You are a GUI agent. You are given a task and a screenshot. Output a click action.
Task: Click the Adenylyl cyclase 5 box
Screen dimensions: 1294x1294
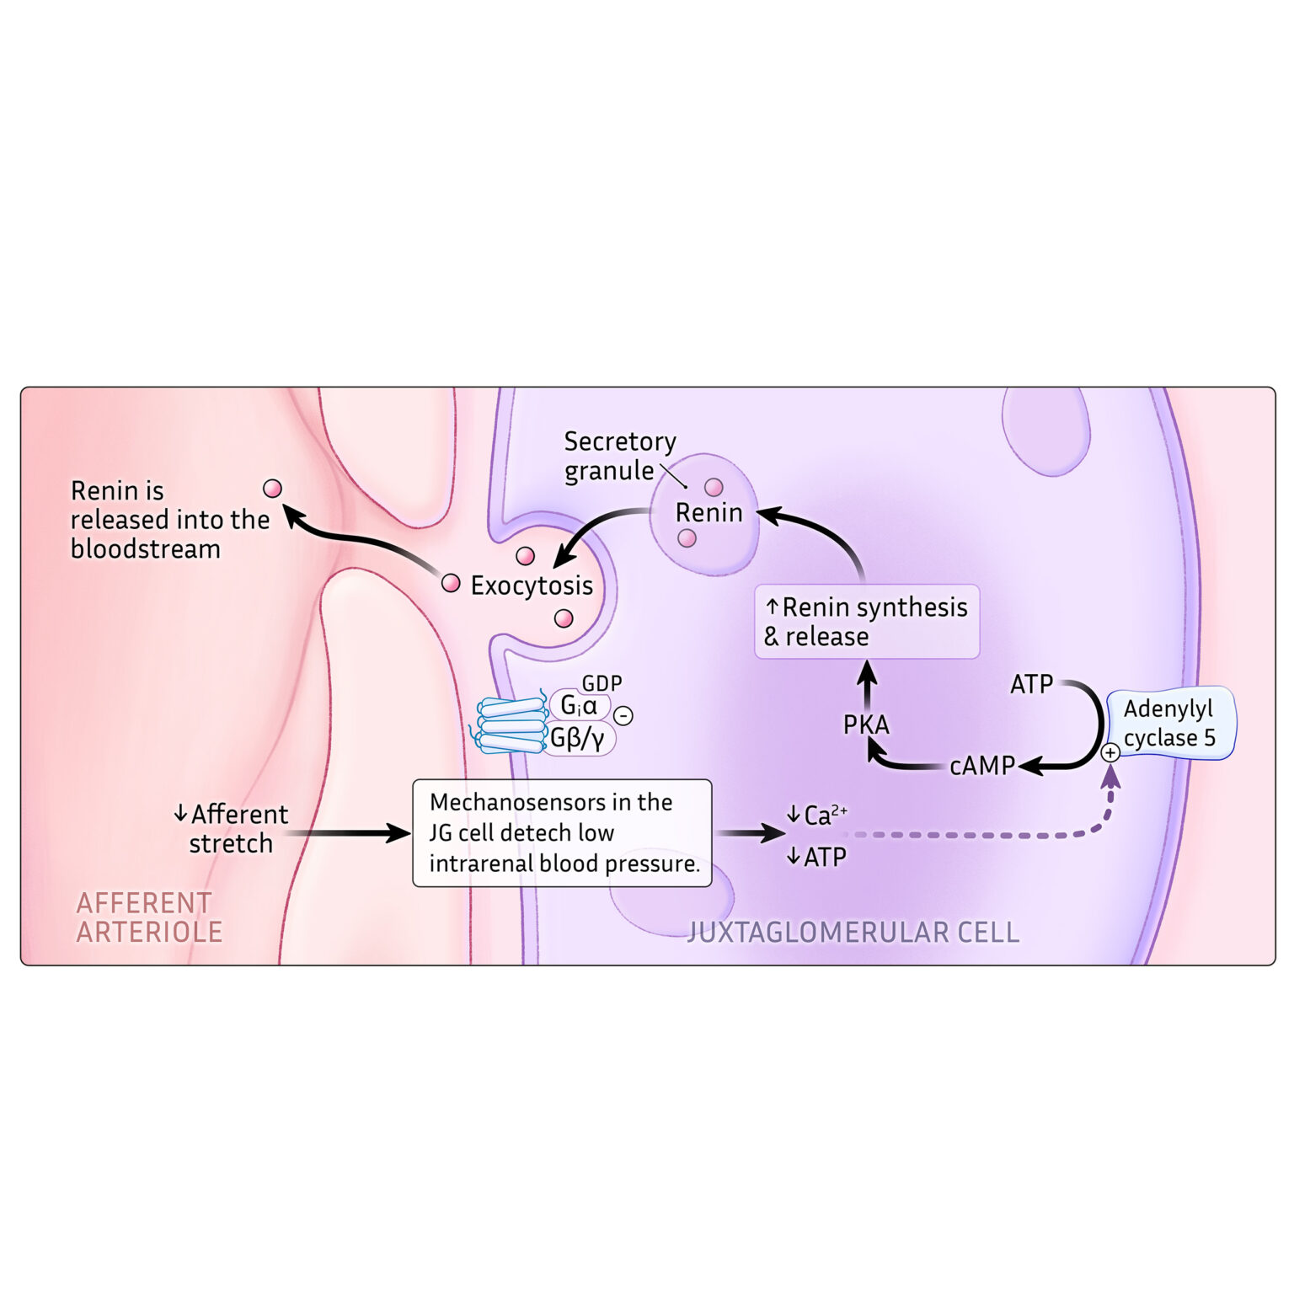1171,723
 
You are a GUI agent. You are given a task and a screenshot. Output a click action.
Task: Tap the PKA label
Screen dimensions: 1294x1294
866,725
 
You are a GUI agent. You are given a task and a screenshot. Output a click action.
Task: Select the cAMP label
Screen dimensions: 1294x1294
981,766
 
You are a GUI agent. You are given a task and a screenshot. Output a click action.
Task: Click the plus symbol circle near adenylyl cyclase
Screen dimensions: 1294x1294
1110,753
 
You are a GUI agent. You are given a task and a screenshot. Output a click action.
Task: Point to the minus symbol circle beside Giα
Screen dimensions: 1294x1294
623,716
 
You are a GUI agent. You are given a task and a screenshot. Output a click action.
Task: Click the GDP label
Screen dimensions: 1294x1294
602,683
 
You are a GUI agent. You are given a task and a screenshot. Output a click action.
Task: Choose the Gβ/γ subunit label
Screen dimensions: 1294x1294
578,739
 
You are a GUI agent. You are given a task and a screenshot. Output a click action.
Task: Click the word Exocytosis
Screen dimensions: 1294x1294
532,586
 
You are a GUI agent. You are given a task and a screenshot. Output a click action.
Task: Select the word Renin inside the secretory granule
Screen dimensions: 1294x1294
708,512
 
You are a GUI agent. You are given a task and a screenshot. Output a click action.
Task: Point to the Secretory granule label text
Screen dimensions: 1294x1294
619,456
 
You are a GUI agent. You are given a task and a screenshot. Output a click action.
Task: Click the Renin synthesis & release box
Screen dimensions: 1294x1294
866,622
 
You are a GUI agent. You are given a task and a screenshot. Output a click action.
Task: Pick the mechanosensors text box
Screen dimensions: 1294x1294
563,832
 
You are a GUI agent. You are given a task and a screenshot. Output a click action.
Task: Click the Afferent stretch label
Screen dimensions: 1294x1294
232,829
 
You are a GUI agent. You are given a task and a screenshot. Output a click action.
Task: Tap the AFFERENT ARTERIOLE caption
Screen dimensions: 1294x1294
148,917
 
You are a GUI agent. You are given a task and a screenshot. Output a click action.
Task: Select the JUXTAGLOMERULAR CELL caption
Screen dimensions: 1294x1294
853,933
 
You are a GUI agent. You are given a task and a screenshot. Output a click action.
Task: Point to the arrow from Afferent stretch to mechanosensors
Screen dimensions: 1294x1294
345,833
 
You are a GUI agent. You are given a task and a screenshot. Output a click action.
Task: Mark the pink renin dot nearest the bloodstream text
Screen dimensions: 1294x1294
272,489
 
